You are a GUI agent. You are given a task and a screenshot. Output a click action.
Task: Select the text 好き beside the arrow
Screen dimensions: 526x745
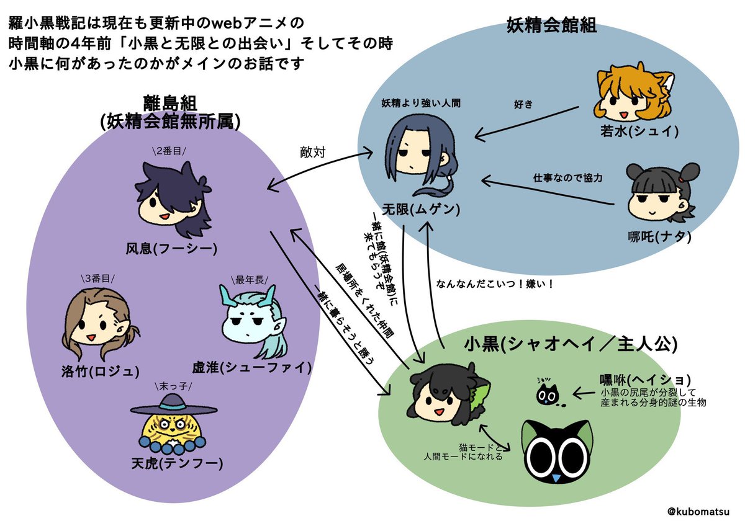(x=523, y=104)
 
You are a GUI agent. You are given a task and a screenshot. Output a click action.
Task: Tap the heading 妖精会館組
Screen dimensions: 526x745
(x=552, y=25)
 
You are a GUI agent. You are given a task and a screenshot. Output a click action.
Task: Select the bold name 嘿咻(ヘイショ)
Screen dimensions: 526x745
(x=646, y=379)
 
